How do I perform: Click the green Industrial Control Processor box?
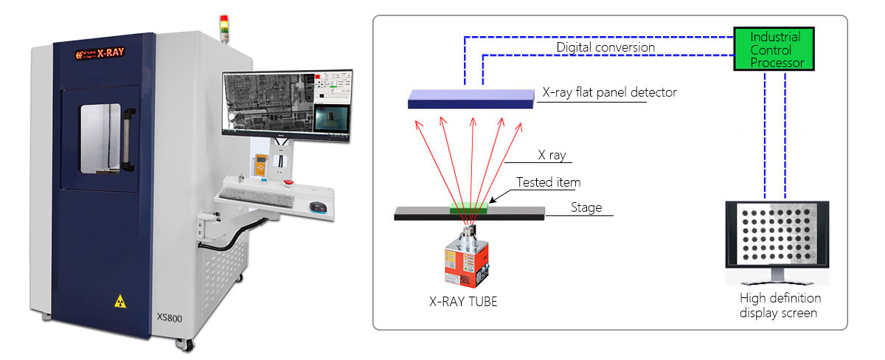(773, 49)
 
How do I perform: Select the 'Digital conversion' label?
(605, 47)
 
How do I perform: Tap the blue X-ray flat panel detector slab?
(471, 98)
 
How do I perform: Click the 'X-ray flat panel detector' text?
(609, 92)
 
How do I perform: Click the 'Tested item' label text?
(548, 181)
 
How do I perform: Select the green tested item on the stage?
(470, 208)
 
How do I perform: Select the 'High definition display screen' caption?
(780, 305)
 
